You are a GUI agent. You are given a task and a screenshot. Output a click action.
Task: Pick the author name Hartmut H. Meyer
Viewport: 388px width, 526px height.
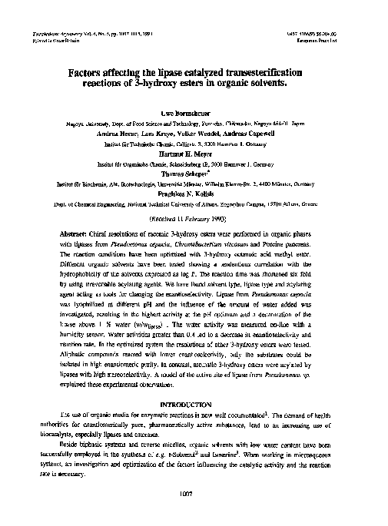point(194,152)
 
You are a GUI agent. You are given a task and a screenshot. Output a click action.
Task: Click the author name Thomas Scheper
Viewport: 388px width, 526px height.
point(194,174)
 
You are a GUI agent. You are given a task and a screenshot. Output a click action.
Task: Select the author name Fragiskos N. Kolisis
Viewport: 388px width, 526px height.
point(194,194)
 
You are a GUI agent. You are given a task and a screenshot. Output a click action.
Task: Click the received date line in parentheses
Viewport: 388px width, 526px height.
point(194,217)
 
